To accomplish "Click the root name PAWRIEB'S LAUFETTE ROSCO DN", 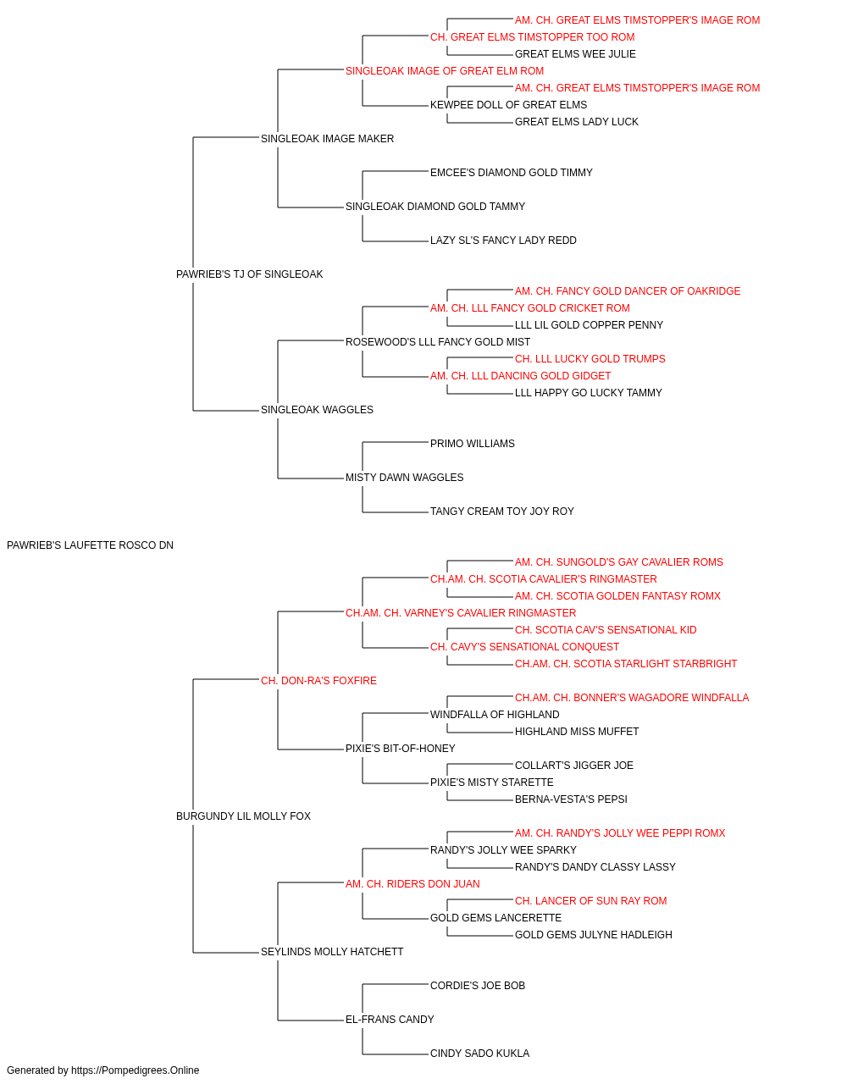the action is click(90, 545).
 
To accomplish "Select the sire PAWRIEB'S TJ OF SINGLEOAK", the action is click(249, 274).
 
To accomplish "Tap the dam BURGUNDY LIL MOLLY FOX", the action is click(243, 816).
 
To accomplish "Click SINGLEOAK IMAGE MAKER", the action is click(327, 139).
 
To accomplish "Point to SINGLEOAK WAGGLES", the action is click(317, 410).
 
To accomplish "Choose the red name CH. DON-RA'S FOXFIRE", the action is click(318, 680).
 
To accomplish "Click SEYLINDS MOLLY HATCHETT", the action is click(332, 952).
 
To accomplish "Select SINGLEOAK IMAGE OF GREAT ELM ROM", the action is click(445, 71).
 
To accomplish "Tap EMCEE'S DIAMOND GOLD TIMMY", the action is click(512, 173).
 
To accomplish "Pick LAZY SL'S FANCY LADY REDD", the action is click(503, 241).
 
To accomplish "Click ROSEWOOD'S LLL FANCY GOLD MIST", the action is click(437, 341).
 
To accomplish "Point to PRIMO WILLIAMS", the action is click(473, 444).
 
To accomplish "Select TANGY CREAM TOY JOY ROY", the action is click(501, 512).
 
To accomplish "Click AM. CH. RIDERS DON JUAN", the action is click(412, 884).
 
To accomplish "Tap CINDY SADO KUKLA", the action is click(479, 1053).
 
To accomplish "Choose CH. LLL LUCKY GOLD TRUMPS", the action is click(590, 359).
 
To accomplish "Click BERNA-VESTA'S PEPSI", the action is click(571, 799).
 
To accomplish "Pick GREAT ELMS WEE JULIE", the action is click(575, 54).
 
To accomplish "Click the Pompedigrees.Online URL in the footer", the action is click(135, 1070).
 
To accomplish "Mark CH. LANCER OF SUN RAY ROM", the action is click(590, 901).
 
